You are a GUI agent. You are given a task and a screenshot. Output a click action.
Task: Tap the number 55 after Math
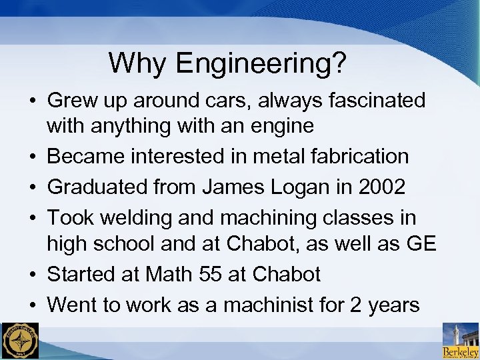pos(213,274)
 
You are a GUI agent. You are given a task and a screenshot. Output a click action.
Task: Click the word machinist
pos(277,305)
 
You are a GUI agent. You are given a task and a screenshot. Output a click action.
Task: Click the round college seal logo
pos(20,341)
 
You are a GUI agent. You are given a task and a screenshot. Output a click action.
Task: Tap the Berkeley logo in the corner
pos(461,341)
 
